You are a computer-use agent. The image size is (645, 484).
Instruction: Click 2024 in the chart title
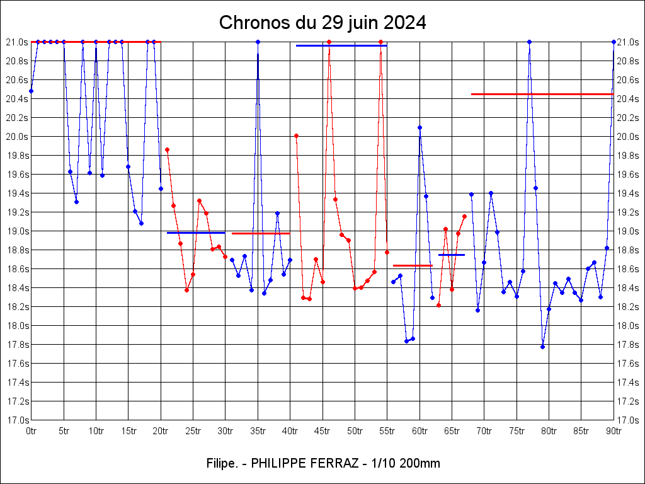[404, 23]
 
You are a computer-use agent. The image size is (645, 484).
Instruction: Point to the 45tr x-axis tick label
[323, 431]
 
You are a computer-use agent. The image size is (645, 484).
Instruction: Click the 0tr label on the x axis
[31, 431]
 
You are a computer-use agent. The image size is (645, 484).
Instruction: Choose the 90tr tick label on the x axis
[614, 431]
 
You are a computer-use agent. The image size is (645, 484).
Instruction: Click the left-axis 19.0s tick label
[17, 231]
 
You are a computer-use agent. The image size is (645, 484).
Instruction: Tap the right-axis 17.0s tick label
[628, 420]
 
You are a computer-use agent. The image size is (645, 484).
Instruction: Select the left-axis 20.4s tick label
[17, 99]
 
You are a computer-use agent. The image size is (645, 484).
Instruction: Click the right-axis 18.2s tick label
[628, 307]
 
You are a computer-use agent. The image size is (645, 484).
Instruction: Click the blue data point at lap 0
[31, 91]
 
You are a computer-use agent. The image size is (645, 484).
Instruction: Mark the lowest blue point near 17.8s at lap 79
[542, 347]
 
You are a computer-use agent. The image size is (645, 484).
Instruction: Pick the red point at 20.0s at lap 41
[296, 135]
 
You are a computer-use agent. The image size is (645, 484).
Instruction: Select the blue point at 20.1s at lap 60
[420, 127]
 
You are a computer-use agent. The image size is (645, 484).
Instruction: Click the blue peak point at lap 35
[258, 42]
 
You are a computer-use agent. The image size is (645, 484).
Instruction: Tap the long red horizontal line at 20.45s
[542, 94]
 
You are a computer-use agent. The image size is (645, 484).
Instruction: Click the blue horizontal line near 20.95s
[341, 45]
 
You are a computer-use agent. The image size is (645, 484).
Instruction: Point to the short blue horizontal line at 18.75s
[451, 255]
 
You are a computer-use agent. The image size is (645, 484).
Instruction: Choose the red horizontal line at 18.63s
[413, 265]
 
